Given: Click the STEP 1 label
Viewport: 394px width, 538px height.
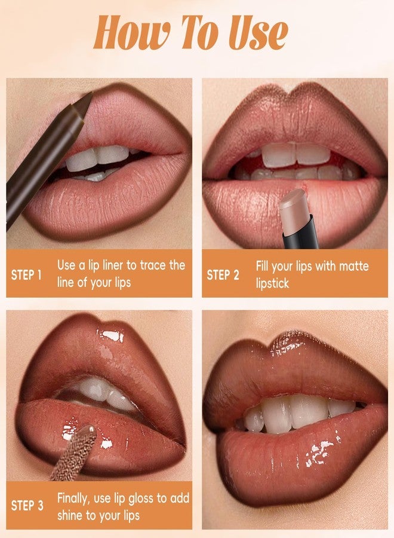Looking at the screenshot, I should (27, 275).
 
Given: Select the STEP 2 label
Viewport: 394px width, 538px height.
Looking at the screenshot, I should (223, 275).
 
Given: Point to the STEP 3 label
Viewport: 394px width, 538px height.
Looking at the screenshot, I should (27, 505).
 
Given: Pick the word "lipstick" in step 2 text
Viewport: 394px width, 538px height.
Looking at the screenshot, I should (272, 283).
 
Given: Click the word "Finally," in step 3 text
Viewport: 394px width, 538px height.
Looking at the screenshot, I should (76, 497).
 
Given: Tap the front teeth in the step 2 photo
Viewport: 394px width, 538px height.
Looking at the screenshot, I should (297, 154).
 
